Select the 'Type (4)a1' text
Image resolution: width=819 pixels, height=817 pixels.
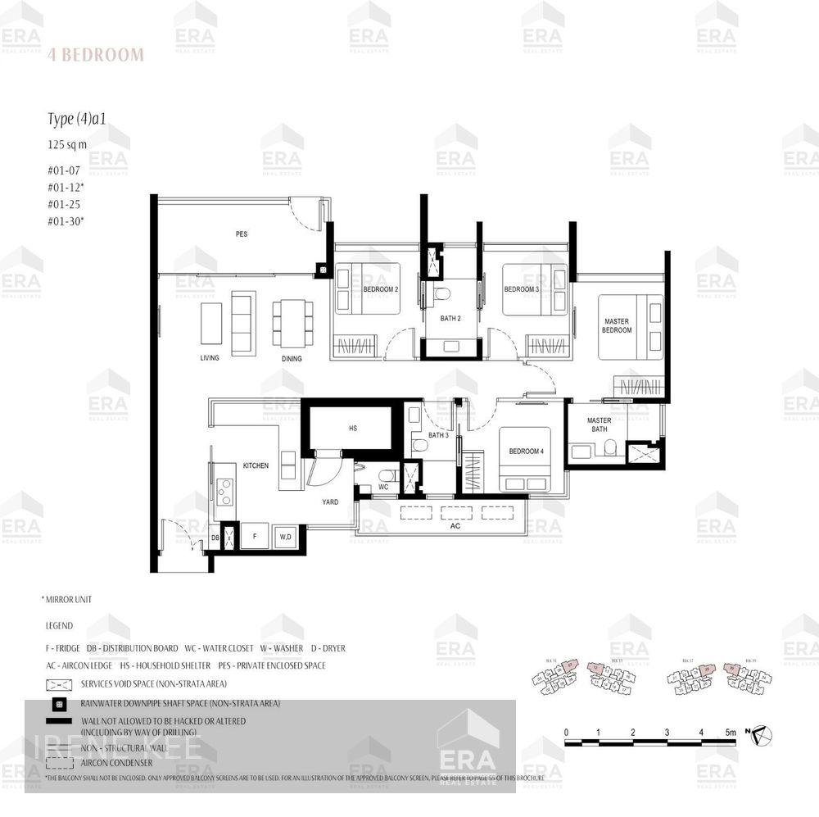(77, 120)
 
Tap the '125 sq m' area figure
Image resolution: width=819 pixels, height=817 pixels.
(67, 144)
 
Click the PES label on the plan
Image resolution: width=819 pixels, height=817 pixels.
(242, 234)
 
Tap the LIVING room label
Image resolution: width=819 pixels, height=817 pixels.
(210, 359)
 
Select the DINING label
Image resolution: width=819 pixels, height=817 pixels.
(291, 359)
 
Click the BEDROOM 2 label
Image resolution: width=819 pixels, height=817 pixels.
(380, 289)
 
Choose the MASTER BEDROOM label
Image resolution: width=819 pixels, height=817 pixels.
(617, 325)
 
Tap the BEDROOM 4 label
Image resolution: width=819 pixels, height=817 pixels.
(524, 452)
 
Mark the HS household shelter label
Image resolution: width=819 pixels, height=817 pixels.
(353, 429)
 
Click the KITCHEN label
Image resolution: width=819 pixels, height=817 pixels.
(256, 465)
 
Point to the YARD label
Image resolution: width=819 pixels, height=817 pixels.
(330, 502)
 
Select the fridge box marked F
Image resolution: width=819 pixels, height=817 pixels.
(255, 536)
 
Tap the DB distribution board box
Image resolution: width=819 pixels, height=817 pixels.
(215, 537)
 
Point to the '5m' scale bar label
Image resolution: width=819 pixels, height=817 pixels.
(730, 732)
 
